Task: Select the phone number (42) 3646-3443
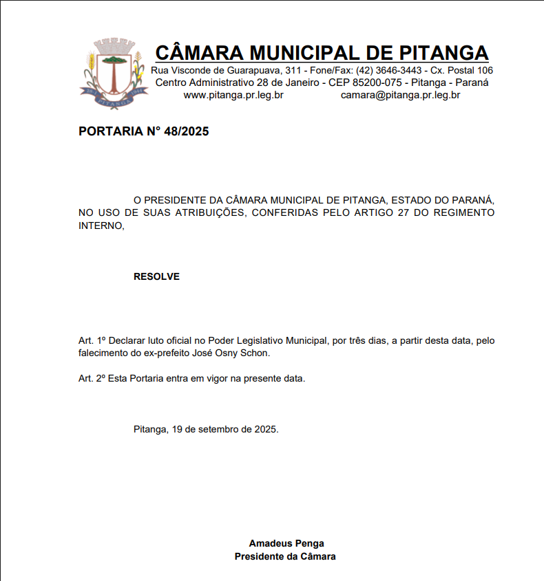click(x=389, y=70)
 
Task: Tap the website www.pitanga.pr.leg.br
click(x=233, y=95)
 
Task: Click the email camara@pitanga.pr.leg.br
click(x=400, y=95)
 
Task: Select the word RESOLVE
click(x=156, y=276)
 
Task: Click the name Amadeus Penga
click(x=286, y=543)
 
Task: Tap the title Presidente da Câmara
click(x=285, y=556)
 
